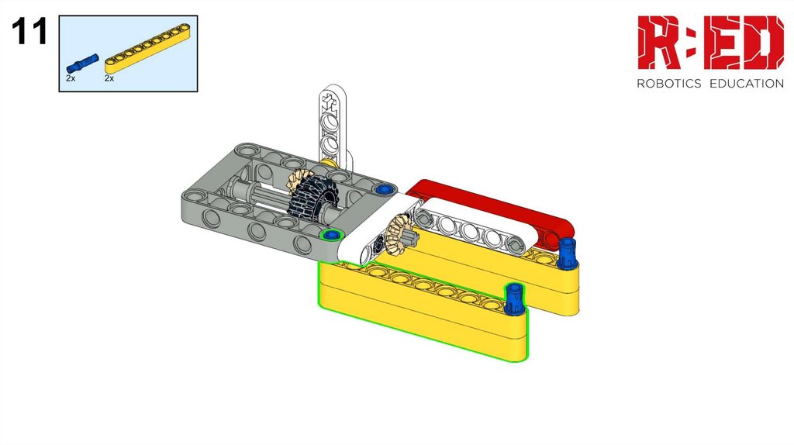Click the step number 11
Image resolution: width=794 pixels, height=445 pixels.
click(29, 31)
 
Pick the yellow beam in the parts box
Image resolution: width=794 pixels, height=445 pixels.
click(147, 48)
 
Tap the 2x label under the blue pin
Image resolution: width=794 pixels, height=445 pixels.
click(71, 78)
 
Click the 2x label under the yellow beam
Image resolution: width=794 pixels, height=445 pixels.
click(109, 78)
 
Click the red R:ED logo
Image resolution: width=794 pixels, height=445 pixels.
click(710, 43)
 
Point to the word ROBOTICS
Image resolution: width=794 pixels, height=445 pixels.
click(668, 84)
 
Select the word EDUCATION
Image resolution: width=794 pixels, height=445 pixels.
click(747, 84)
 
